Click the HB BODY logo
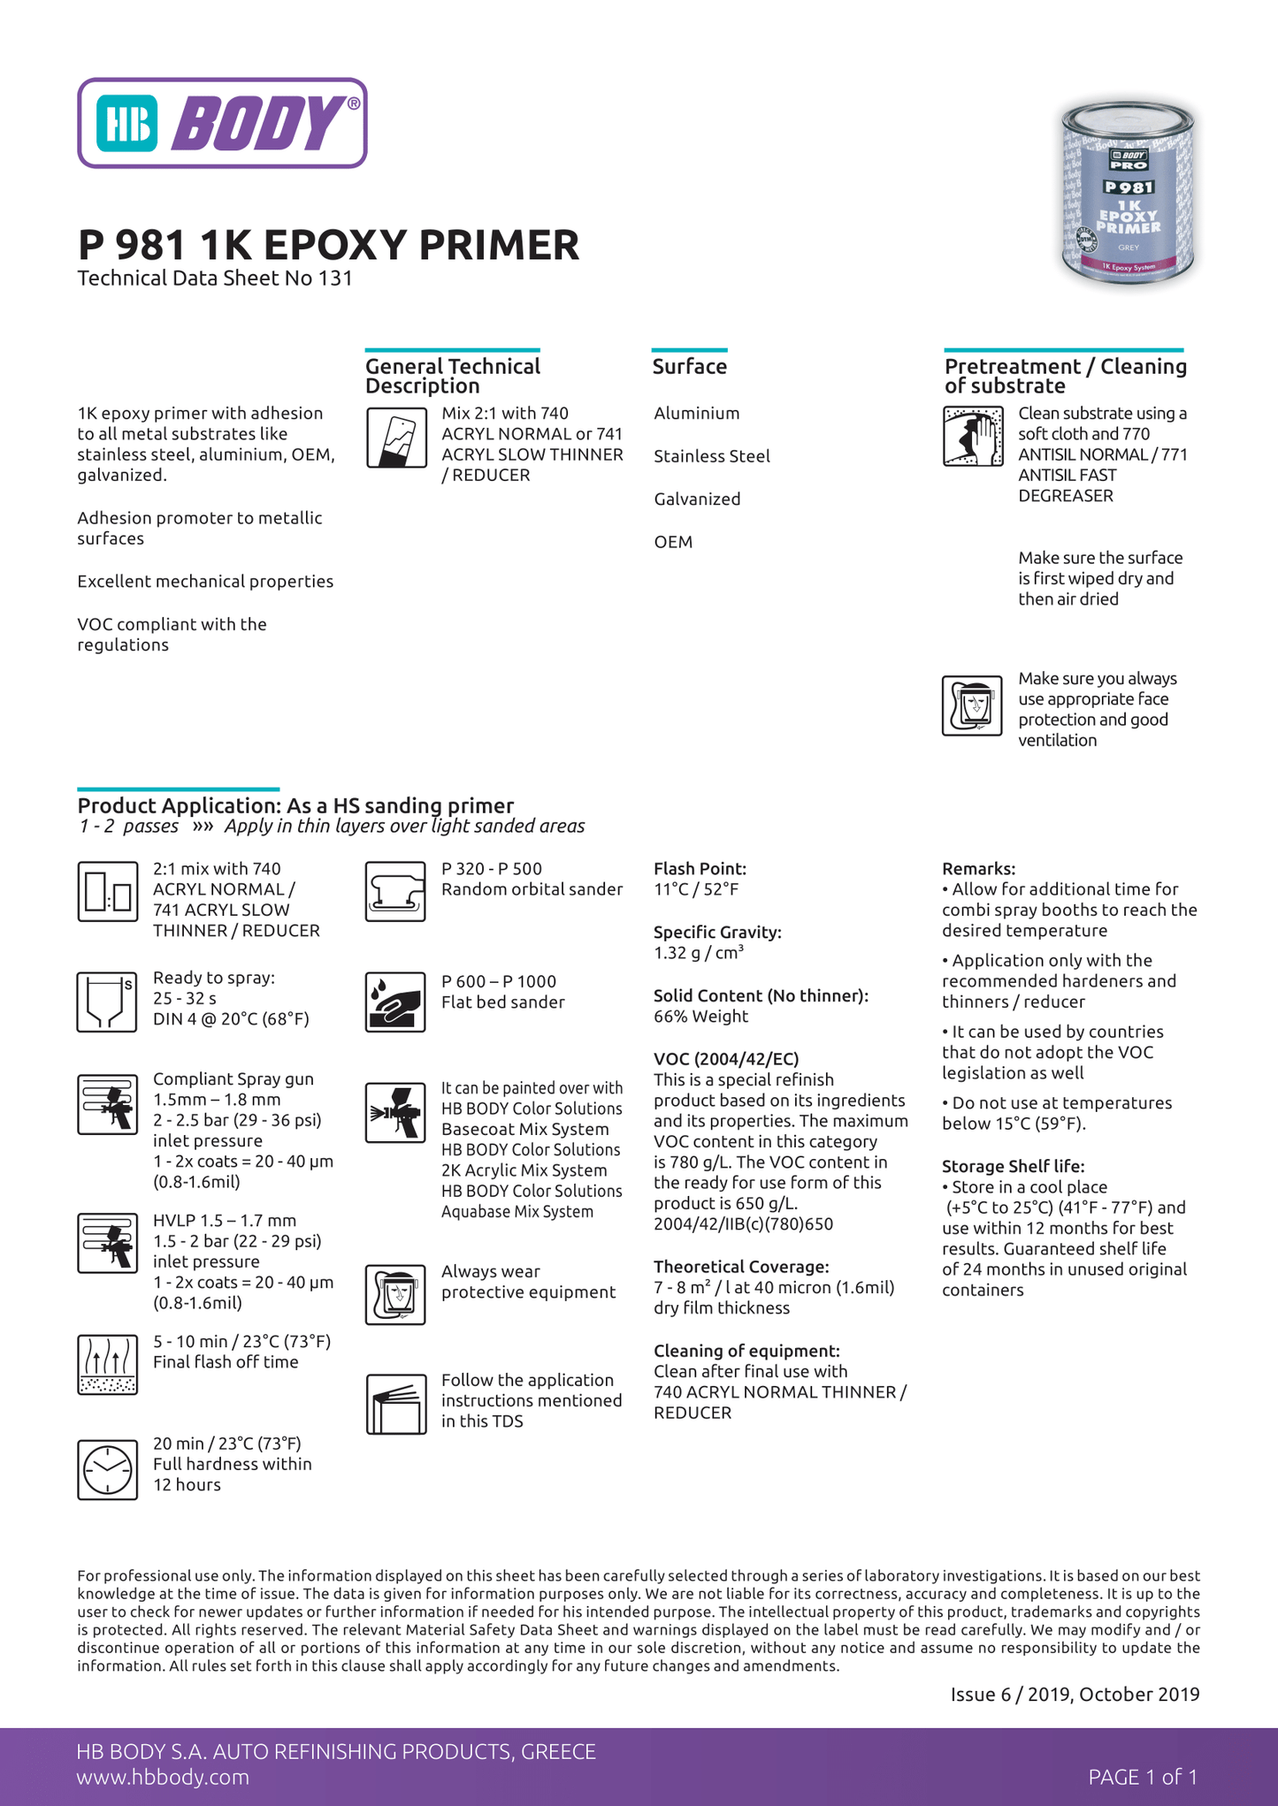click(222, 123)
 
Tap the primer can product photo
click(1128, 193)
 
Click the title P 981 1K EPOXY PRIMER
click(328, 245)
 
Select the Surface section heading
click(689, 367)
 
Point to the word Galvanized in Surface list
click(697, 499)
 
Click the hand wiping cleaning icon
click(972, 437)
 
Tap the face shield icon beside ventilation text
click(972, 705)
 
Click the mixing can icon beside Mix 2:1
click(396, 437)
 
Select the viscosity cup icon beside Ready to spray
click(107, 1002)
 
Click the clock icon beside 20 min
click(107, 1469)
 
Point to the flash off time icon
click(107, 1364)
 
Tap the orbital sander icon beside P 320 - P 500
click(395, 892)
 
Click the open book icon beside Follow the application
click(395, 1404)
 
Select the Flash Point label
click(700, 869)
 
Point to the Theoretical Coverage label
click(741, 1267)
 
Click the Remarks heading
click(978, 869)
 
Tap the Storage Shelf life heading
click(1013, 1166)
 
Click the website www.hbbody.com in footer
click(163, 1777)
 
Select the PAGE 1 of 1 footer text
click(1143, 1777)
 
